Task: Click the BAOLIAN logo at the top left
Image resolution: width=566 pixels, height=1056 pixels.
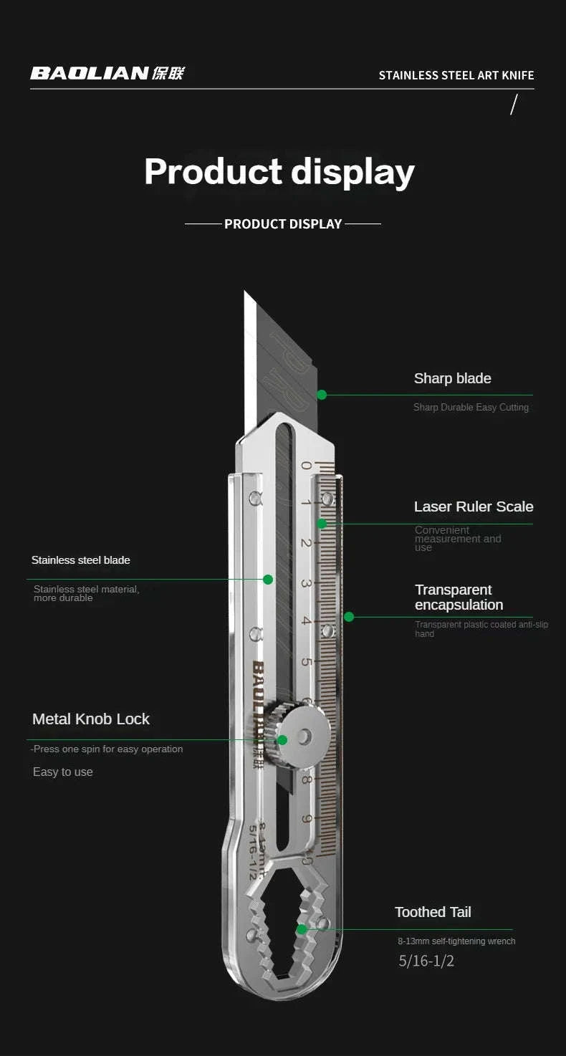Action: coord(107,73)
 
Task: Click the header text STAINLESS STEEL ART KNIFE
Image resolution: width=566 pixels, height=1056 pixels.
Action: coord(456,75)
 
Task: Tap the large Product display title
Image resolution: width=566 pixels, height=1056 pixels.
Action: coord(279,172)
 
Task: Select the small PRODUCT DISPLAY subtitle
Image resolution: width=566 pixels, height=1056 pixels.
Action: coord(283,224)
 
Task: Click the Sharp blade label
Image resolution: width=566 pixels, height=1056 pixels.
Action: coord(452,378)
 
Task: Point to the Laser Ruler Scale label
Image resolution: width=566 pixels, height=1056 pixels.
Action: coord(474,507)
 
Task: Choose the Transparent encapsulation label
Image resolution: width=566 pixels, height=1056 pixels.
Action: coord(459,597)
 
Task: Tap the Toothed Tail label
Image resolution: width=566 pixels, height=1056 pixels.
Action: coord(433,912)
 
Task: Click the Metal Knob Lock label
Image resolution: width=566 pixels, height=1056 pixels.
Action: coord(91,719)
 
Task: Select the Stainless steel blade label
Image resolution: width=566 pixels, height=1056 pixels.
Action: coord(81,560)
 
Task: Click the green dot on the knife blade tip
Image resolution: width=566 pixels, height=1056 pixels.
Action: coord(322,395)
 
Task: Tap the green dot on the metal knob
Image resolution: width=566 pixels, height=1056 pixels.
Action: coord(282,740)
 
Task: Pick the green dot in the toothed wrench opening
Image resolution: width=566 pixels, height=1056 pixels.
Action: coord(302,929)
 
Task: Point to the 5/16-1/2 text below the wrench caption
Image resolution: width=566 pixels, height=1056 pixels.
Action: coord(426,961)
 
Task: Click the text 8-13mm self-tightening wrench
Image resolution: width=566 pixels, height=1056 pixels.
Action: coord(456,941)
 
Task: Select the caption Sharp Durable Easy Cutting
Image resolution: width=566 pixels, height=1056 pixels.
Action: coord(471,408)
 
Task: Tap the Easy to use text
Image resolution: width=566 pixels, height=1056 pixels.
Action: coord(63,772)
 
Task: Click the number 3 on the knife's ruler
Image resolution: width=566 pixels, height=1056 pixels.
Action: coord(306,583)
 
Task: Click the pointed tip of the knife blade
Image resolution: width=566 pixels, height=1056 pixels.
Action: coord(245,292)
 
